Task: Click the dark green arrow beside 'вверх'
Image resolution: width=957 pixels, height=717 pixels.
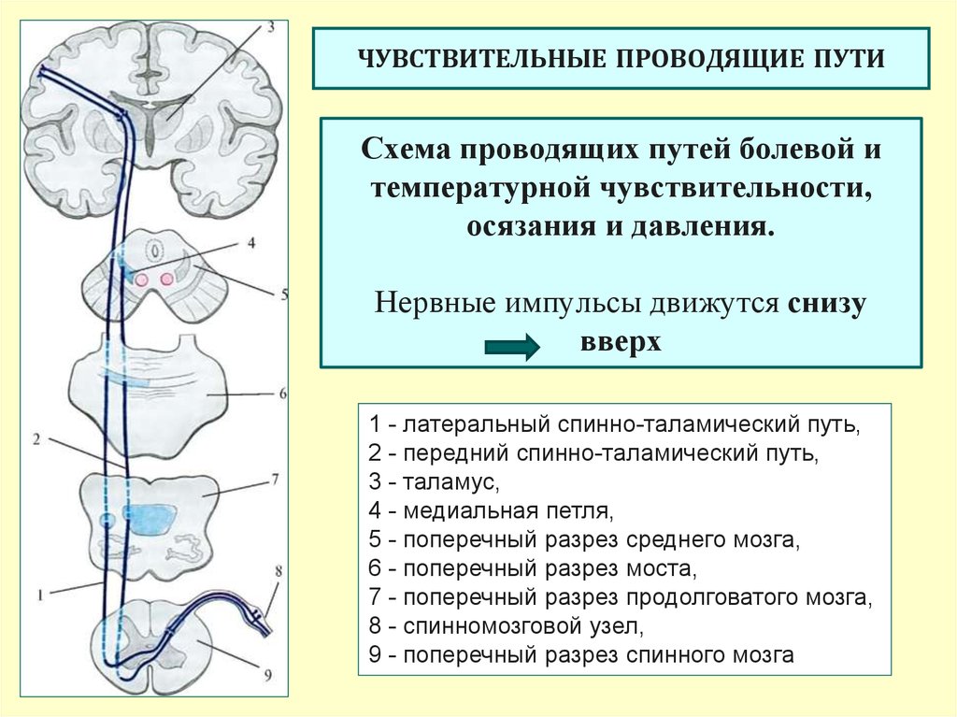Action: click(x=512, y=348)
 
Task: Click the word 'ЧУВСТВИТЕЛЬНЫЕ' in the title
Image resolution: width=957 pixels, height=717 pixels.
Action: click(x=482, y=59)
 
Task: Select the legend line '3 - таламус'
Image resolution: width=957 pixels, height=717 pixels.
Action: click(x=434, y=481)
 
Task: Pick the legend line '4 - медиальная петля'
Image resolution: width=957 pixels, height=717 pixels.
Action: click(x=491, y=510)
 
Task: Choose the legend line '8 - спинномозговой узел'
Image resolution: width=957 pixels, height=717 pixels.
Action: click(x=506, y=626)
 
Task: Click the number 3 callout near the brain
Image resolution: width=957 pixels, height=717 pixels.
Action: click(x=270, y=26)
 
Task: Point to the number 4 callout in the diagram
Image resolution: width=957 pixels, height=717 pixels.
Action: click(x=251, y=243)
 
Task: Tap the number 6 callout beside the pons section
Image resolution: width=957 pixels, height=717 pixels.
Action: click(x=283, y=394)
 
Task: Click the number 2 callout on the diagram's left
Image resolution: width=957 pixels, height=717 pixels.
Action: click(x=36, y=438)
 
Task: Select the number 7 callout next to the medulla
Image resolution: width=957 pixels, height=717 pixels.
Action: click(x=276, y=479)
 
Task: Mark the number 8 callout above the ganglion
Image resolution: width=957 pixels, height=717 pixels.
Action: click(x=279, y=572)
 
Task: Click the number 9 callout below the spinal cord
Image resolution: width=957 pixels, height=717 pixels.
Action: click(x=268, y=675)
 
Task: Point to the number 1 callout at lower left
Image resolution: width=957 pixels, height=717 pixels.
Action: click(x=40, y=595)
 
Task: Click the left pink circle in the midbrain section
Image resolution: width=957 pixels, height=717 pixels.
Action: click(x=142, y=280)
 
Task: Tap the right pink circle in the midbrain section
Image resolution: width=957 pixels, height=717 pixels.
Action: click(x=166, y=280)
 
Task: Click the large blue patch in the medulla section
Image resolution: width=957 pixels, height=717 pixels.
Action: click(x=149, y=519)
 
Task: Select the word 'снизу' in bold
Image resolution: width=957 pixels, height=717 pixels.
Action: click(x=827, y=304)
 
